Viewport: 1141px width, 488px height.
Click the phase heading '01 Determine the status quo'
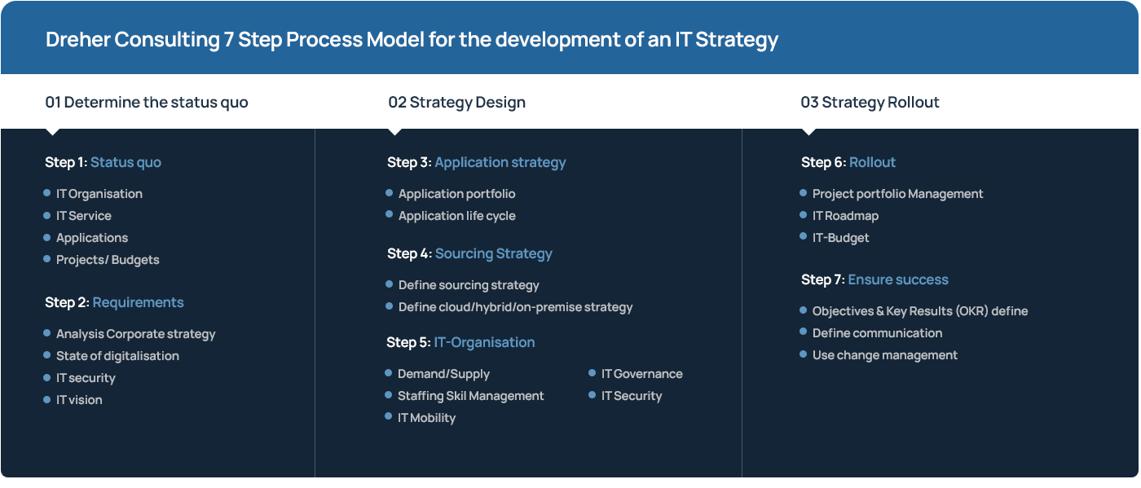point(147,103)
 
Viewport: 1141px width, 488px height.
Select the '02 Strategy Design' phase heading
point(456,103)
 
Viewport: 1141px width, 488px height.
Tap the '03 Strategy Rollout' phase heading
point(870,103)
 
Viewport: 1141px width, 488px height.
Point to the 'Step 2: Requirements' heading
point(114,302)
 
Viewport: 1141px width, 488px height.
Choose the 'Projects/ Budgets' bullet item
point(108,260)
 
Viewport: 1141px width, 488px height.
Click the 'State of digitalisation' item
point(117,356)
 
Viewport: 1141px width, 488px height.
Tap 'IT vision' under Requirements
point(79,400)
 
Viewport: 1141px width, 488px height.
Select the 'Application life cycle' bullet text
point(456,216)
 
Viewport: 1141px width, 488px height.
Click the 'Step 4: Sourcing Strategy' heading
point(469,253)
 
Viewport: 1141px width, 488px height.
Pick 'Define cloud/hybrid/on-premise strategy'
point(515,307)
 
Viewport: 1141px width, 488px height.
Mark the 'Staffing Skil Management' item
point(470,396)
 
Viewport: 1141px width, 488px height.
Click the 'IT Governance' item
point(641,374)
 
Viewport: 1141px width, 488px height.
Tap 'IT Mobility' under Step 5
point(426,418)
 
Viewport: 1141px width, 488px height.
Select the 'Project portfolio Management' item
point(897,194)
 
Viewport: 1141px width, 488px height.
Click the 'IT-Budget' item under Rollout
point(840,238)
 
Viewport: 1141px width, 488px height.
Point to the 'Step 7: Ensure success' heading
point(874,279)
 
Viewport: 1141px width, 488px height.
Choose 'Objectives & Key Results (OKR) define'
point(919,311)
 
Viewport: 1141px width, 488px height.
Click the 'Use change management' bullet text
point(884,355)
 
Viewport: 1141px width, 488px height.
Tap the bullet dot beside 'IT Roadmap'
point(804,215)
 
